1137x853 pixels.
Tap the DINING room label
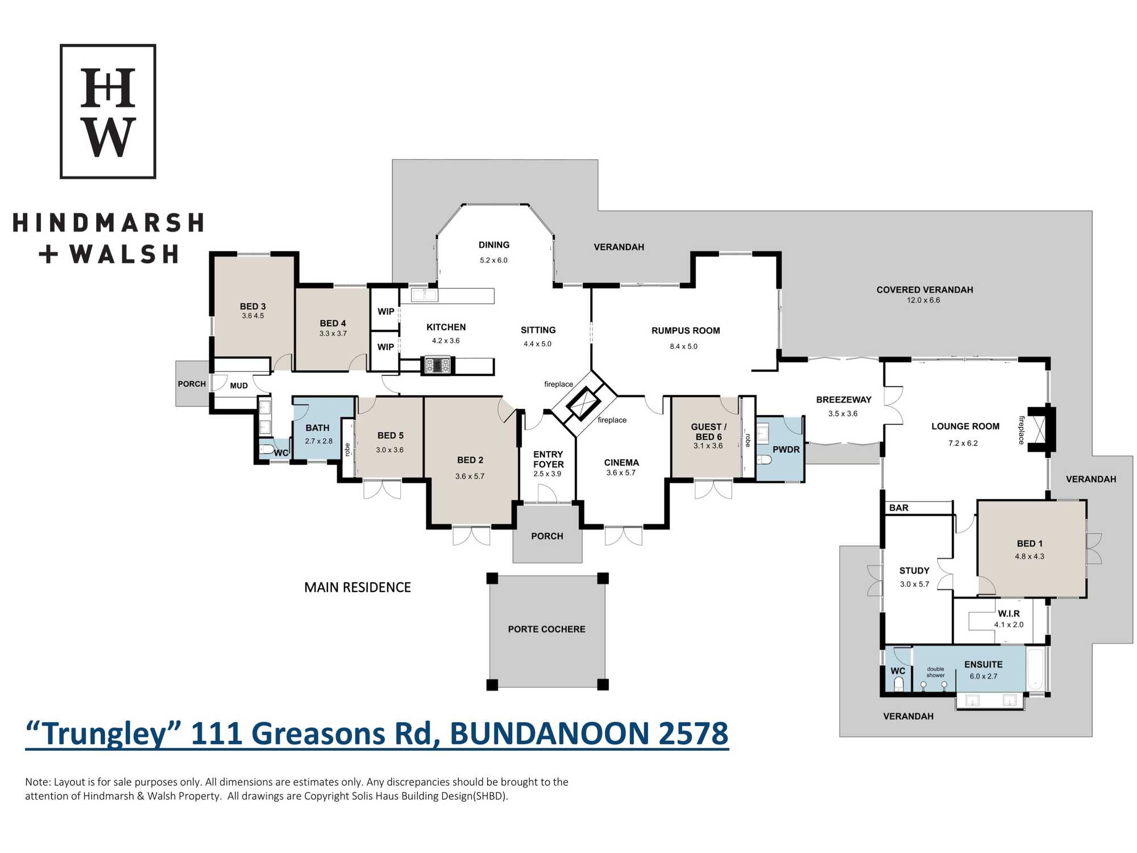tap(494, 245)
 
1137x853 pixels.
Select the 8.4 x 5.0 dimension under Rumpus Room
tap(683, 346)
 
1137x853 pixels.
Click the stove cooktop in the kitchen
tap(437, 365)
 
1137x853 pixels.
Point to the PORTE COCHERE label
tap(546, 629)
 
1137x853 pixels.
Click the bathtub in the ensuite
tap(1035, 669)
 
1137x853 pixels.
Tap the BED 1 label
tap(1030, 544)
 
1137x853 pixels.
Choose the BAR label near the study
tap(899, 508)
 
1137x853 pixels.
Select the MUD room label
tap(239, 386)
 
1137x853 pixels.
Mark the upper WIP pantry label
tap(386, 312)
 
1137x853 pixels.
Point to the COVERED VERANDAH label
tap(924, 290)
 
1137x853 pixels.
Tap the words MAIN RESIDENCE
tap(358, 587)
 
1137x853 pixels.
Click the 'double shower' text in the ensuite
tap(935, 672)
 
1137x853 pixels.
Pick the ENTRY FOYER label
tap(549, 459)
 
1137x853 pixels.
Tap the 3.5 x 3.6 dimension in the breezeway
tap(843, 413)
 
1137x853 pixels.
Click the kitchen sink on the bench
tap(424, 295)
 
